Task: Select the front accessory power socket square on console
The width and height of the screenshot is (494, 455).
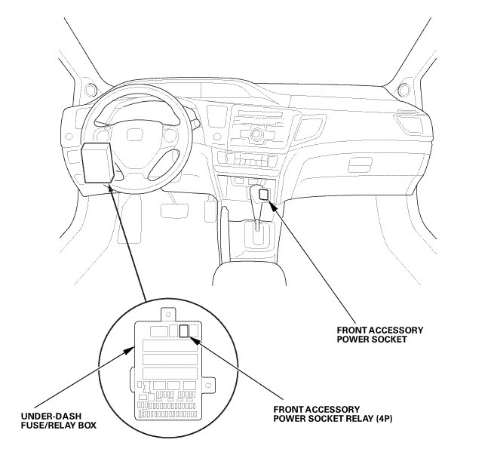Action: coord(263,194)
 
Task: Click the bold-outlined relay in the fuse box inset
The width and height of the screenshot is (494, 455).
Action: coord(184,330)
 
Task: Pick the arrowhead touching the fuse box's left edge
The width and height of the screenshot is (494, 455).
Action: coord(129,345)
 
